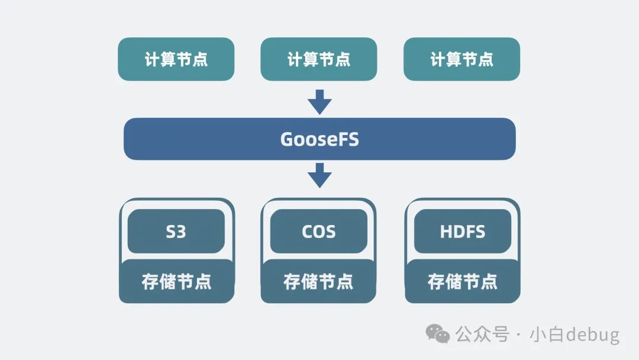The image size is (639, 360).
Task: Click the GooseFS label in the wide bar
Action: [x=319, y=139]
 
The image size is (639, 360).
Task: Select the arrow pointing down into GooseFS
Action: [x=319, y=102]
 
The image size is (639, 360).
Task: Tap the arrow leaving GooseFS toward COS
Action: [x=319, y=175]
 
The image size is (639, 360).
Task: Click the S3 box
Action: [x=176, y=231]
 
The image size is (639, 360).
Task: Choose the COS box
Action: [x=319, y=231]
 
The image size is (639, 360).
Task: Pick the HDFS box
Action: [x=462, y=231]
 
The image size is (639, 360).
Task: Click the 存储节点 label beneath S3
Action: [x=176, y=281]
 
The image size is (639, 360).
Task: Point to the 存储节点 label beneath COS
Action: [x=318, y=281]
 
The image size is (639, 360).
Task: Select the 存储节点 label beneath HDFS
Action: [x=462, y=281]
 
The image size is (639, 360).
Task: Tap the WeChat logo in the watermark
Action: [x=438, y=334]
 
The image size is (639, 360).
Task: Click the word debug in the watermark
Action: [x=592, y=335]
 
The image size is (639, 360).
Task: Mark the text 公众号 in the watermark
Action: [x=482, y=335]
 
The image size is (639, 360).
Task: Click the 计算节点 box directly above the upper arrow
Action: [x=319, y=59]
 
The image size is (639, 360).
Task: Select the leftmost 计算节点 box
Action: [x=176, y=59]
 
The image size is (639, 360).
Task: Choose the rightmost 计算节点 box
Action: [x=461, y=59]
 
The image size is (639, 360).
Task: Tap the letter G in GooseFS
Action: [x=287, y=140]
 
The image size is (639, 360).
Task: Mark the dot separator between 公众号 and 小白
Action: [x=518, y=335]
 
